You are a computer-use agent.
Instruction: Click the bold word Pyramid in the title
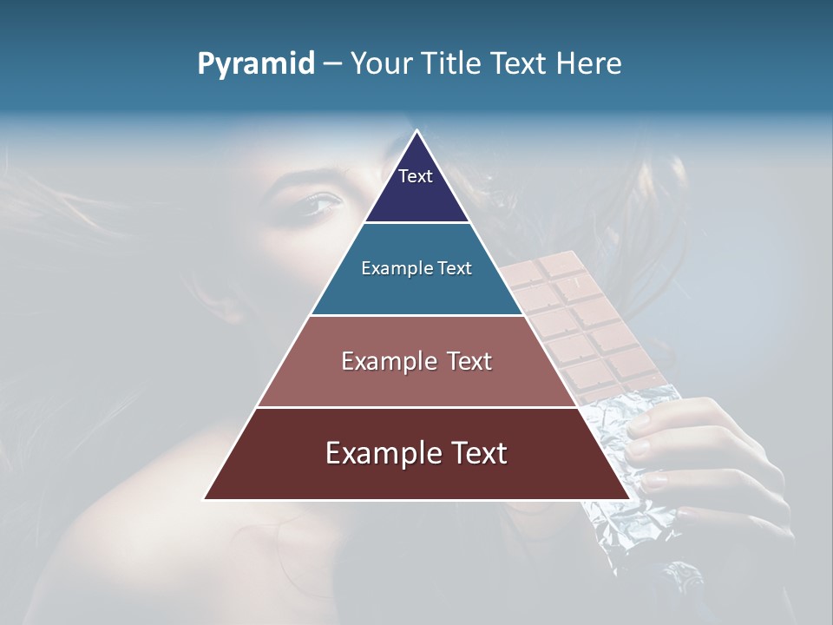(256, 63)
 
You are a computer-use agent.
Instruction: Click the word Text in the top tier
(416, 176)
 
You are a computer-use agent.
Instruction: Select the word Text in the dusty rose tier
(462, 361)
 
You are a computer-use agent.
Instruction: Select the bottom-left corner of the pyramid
(204, 499)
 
